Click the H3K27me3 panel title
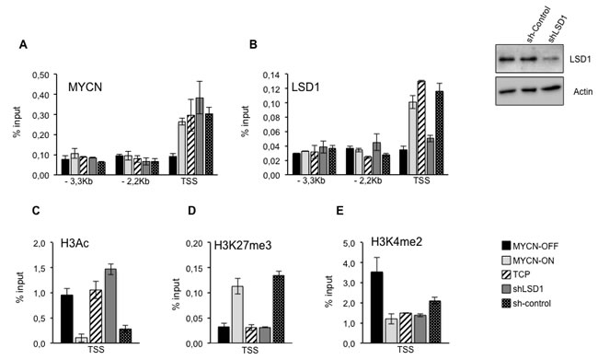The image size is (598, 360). pyautogui.click(x=230, y=243)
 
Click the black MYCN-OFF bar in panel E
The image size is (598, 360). pyautogui.click(x=351, y=307)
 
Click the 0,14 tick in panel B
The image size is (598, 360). pyautogui.click(x=266, y=74)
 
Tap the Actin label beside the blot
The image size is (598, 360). pyautogui.click(x=572, y=91)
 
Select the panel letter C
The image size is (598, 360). pyautogui.click(x=34, y=234)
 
